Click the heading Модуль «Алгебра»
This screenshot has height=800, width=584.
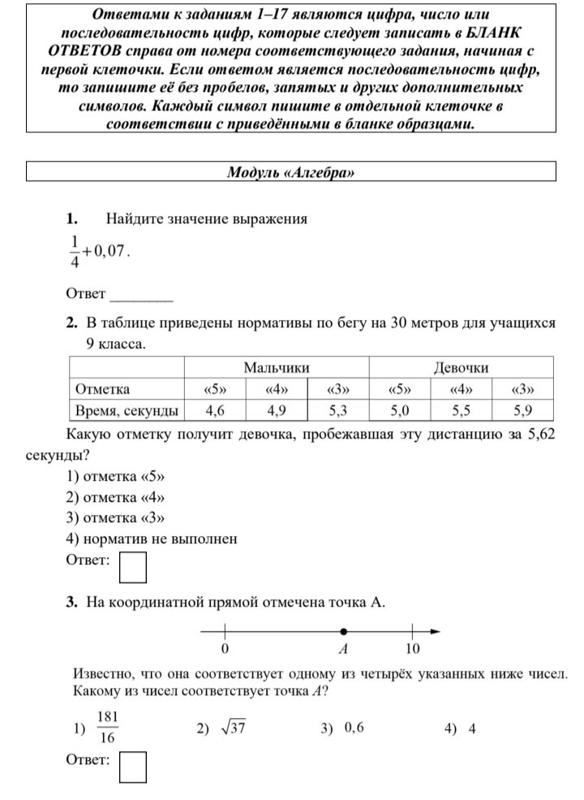(x=291, y=172)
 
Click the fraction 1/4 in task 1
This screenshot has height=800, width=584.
(x=75, y=251)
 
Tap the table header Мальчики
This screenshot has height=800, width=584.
(x=277, y=368)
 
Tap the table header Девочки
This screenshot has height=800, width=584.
(x=461, y=368)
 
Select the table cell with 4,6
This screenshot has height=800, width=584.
(x=215, y=409)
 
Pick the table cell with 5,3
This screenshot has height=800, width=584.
(x=338, y=409)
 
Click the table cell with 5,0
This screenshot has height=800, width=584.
(x=399, y=409)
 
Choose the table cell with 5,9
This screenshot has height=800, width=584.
(x=523, y=409)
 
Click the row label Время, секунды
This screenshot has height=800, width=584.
(x=126, y=409)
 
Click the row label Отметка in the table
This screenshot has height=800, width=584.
(x=102, y=389)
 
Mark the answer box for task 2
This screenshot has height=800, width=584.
(x=133, y=568)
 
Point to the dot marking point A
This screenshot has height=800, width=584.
(x=344, y=631)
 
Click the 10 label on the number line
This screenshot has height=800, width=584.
(x=412, y=649)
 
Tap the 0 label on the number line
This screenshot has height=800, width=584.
(x=224, y=649)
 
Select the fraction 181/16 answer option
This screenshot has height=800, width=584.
(x=107, y=728)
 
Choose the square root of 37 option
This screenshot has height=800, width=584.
(x=232, y=729)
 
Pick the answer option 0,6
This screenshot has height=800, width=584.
(x=354, y=728)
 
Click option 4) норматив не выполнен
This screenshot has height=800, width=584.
(x=151, y=538)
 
